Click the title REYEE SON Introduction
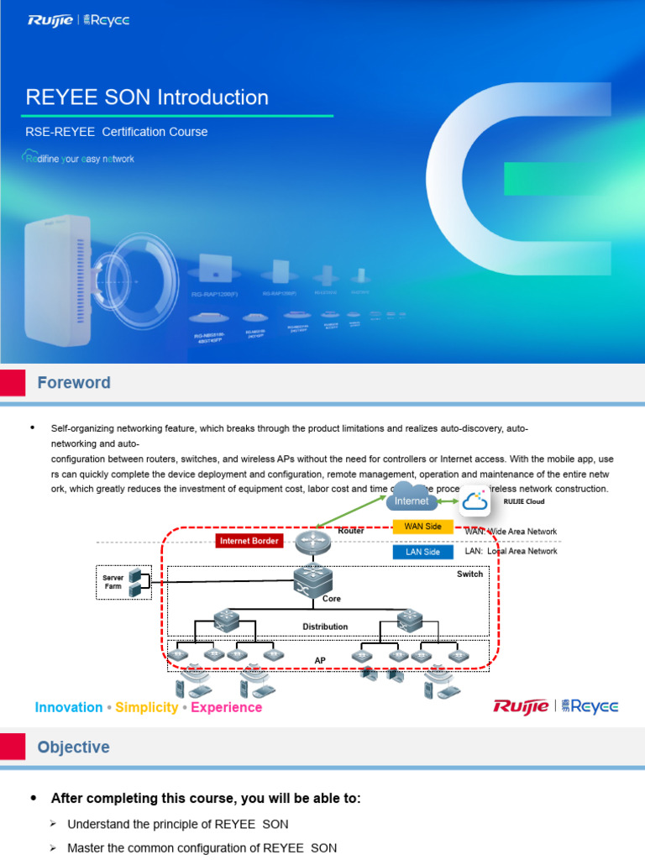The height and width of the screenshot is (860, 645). (x=147, y=97)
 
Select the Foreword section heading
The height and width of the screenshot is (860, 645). (x=74, y=383)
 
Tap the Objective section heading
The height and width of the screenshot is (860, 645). (x=73, y=747)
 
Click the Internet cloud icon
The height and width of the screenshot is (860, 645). (x=412, y=499)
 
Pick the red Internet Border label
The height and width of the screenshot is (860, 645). (x=249, y=541)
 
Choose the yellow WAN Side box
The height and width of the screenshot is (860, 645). (x=422, y=527)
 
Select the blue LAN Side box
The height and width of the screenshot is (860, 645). (x=422, y=552)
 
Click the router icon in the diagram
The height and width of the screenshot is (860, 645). (x=313, y=543)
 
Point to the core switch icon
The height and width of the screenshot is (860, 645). (x=313, y=580)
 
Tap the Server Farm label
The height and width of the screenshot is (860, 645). (x=113, y=582)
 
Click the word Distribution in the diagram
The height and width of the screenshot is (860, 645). (x=325, y=627)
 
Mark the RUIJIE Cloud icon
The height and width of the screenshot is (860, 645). (x=476, y=501)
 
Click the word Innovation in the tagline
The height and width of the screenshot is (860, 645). (x=69, y=707)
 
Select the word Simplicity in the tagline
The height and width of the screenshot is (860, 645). (x=147, y=707)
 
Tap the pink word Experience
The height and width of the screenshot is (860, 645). (x=227, y=707)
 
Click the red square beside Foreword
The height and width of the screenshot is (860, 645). (x=12, y=383)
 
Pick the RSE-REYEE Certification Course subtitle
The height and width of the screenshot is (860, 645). (x=117, y=132)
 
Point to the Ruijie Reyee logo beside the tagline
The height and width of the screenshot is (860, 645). (x=555, y=706)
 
